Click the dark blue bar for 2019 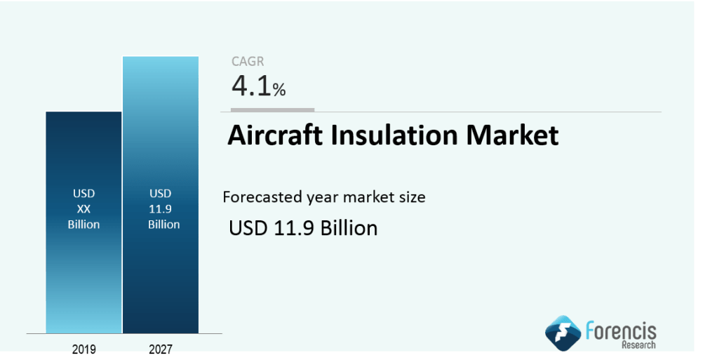click(83, 222)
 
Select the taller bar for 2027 click(161, 195)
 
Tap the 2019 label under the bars click(83, 349)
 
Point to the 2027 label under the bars click(161, 349)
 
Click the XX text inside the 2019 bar click(83, 209)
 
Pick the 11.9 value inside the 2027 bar click(161, 209)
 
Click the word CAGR click(248, 61)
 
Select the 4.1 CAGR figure click(251, 86)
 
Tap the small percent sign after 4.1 click(279, 90)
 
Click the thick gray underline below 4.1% click(272, 109)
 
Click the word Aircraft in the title click(275, 135)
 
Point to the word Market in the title click(512, 135)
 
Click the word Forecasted click(263, 197)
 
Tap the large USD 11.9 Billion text click(303, 228)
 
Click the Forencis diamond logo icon click(563, 333)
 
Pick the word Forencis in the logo click(621, 331)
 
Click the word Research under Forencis click(638, 345)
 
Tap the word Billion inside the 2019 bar click(83, 225)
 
